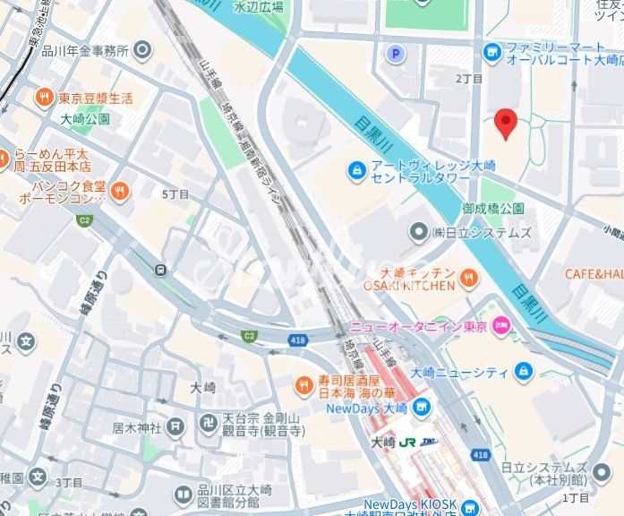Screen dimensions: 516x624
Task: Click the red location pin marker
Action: [506, 123]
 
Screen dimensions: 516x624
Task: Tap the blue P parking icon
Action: [394, 54]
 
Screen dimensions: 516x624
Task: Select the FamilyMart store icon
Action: [492, 53]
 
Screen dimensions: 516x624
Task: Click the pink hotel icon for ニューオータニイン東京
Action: [502, 327]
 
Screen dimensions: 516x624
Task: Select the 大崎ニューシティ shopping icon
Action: [522, 372]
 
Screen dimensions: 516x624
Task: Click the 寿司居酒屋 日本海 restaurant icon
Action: [304, 385]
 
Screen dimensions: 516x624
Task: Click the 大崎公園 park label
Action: [85, 118]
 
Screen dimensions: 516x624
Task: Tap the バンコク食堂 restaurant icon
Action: [120, 190]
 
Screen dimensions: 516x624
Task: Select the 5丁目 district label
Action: [175, 194]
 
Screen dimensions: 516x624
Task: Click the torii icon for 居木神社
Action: [175, 427]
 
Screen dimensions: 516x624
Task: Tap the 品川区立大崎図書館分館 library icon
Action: [183, 494]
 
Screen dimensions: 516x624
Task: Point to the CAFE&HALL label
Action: [593, 273]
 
